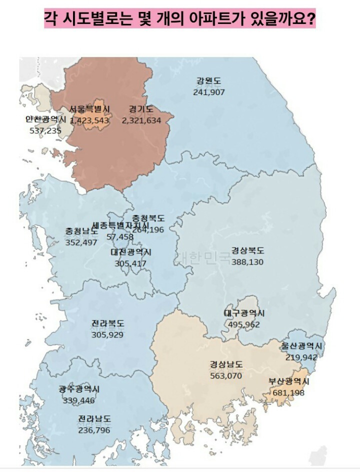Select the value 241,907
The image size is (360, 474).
209,92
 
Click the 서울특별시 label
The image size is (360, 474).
90,109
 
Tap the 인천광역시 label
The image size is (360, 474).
46,119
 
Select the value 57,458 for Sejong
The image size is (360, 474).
116,236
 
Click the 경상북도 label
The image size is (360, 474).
247,251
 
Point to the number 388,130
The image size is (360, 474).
247,261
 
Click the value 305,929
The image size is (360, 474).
107,334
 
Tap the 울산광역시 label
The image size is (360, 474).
301,346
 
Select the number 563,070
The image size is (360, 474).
226,375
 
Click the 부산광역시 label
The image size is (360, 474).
289,381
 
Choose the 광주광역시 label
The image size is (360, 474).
79,389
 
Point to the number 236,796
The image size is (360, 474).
94,430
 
